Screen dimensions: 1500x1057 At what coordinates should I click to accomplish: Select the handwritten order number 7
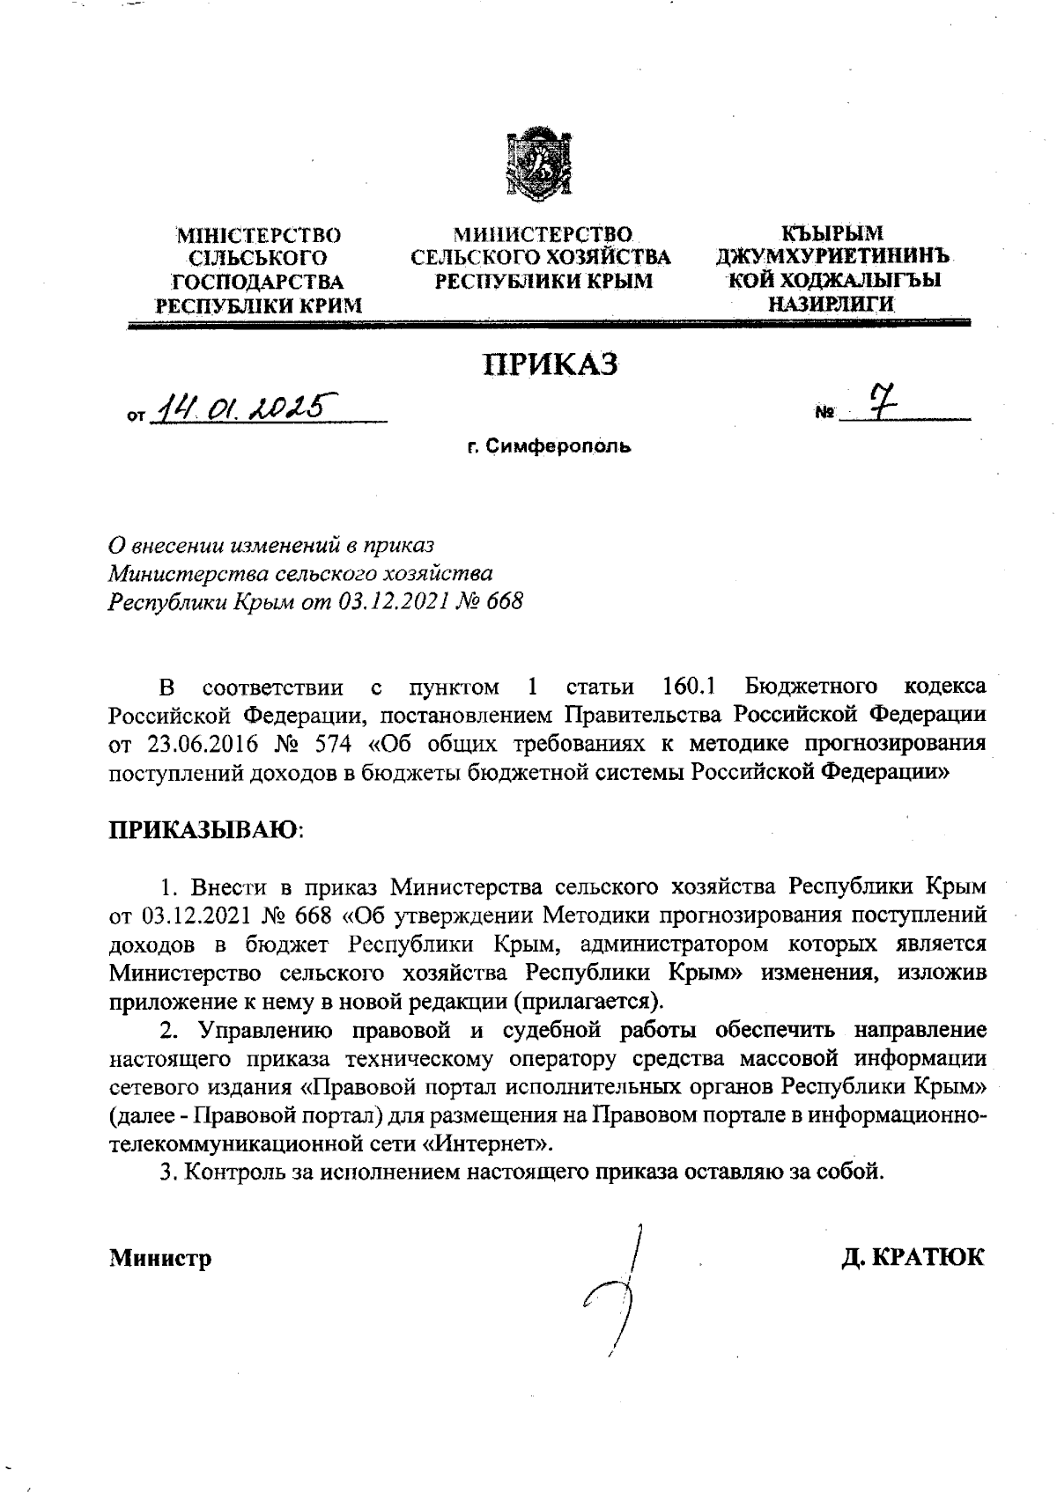pyautogui.click(x=877, y=403)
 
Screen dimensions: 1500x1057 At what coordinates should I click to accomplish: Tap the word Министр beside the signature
pyautogui.click(x=160, y=1258)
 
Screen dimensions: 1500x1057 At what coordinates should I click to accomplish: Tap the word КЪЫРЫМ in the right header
pyautogui.click(x=832, y=234)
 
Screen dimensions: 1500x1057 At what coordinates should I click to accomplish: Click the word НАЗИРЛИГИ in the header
pyautogui.click(x=832, y=305)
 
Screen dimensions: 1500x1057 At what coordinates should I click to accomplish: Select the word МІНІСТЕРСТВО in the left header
pyautogui.click(x=259, y=236)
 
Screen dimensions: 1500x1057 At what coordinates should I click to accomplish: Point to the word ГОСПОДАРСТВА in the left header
pyautogui.click(x=258, y=282)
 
